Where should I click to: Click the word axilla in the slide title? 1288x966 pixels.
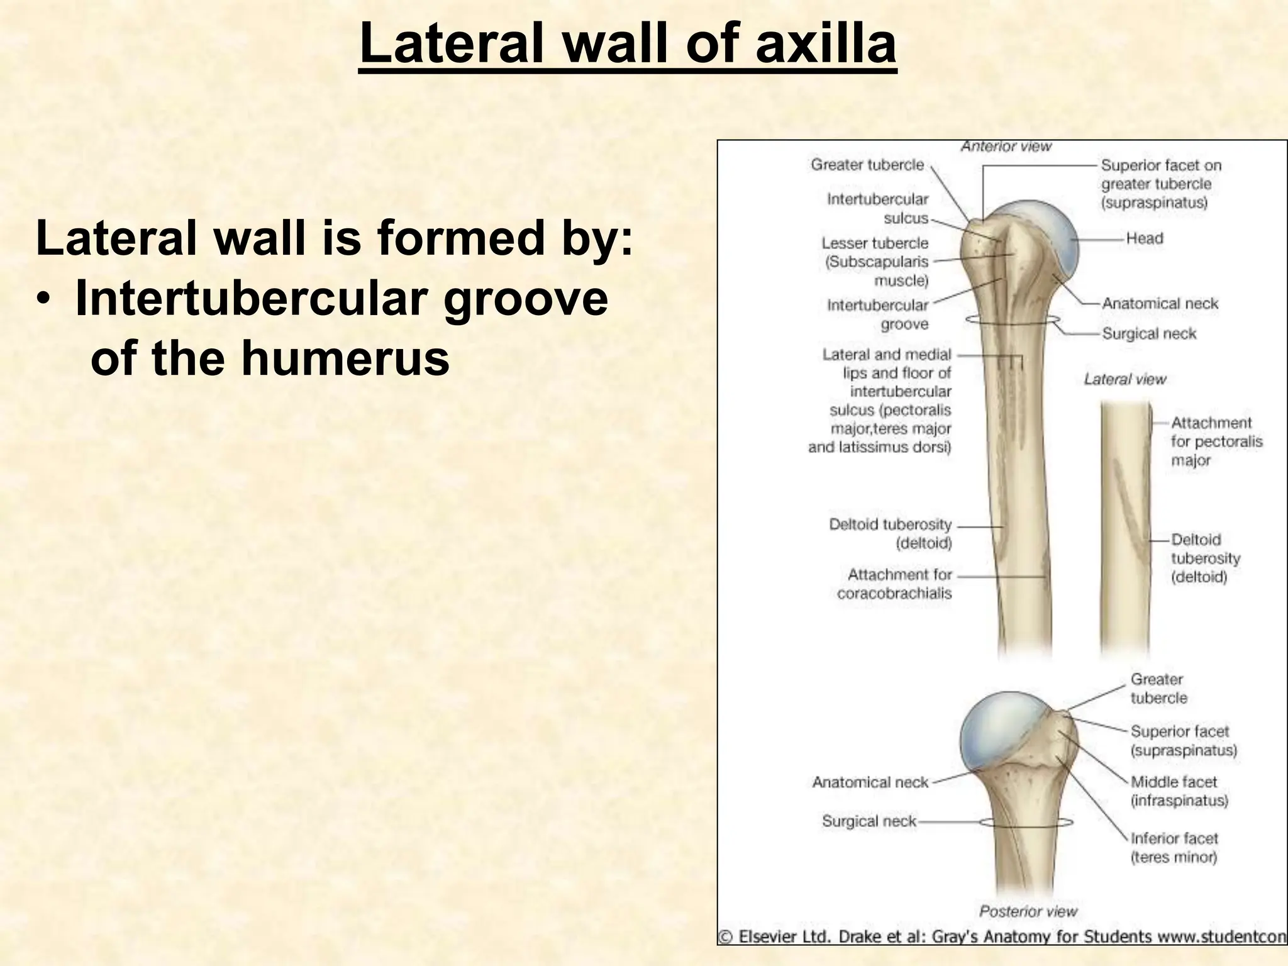pos(825,44)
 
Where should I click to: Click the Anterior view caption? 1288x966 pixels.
pos(1006,147)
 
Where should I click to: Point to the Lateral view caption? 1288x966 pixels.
pos(1124,379)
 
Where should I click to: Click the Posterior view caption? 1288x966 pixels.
pos(1028,911)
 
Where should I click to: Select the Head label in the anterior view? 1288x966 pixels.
pos(1144,238)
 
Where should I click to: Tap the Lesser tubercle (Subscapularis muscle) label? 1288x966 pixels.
pos(875,261)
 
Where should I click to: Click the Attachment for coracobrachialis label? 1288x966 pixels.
pos(896,584)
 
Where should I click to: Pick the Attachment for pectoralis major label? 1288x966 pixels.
pos(1215,441)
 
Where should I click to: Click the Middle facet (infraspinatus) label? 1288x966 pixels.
pos(1179,791)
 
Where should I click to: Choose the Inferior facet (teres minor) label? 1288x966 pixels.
pos(1174,847)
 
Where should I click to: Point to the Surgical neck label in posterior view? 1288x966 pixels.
pos(869,821)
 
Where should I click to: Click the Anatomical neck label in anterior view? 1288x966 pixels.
pos(1159,304)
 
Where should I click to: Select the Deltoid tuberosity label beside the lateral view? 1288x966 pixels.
pos(1204,558)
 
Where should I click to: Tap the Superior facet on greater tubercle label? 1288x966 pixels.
pos(1160,184)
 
